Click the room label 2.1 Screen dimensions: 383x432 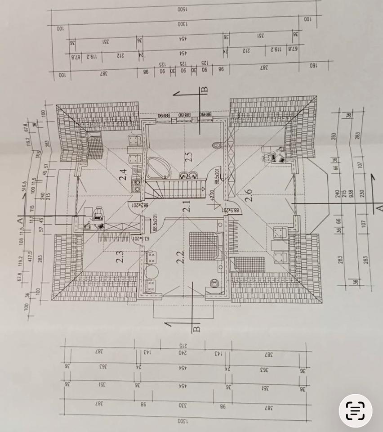coord(186,206)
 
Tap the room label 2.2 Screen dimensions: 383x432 coord(180,257)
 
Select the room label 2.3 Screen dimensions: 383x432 coord(119,260)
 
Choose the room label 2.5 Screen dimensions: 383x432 coord(188,157)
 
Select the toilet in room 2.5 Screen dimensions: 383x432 coord(217,146)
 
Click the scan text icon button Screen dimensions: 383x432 coord(355,410)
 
